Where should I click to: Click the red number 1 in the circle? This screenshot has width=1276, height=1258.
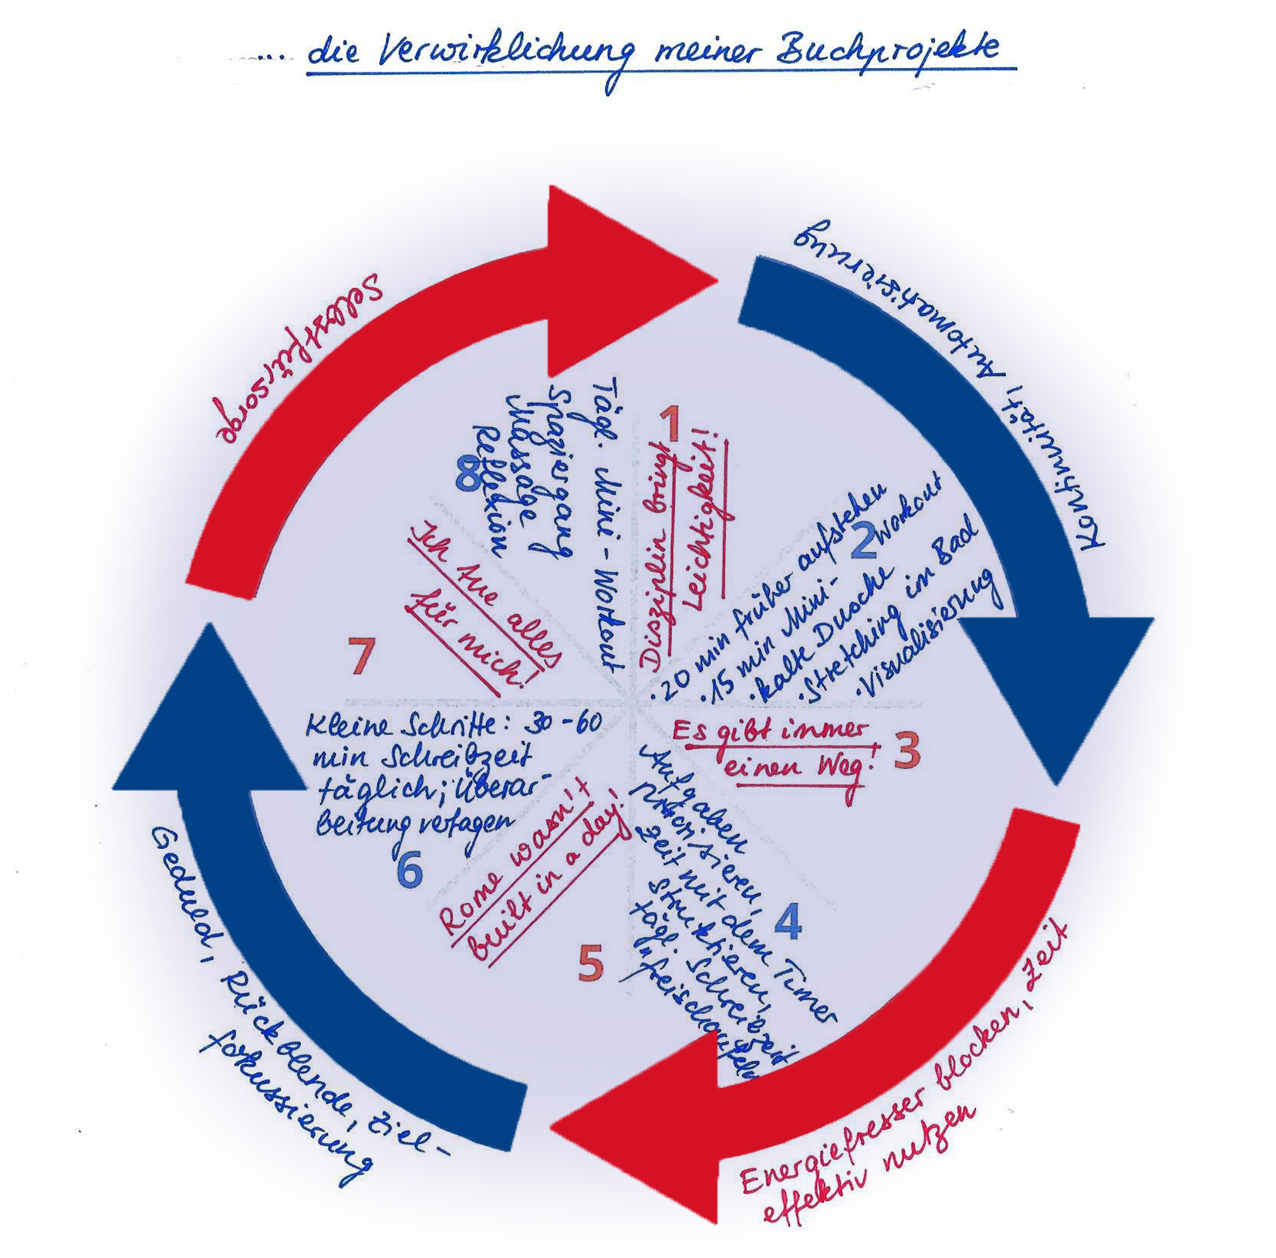click(670, 424)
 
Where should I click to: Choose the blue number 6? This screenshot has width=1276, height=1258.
click(410, 871)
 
